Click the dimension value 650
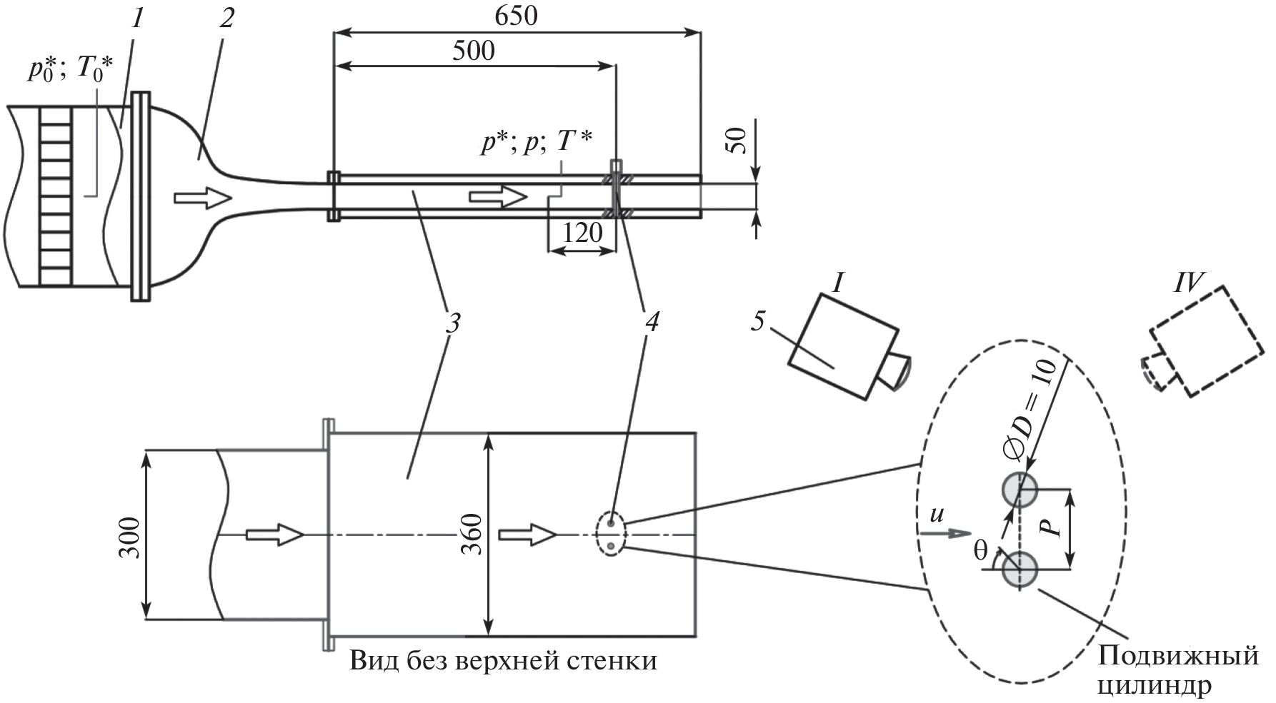pyautogui.click(x=517, y=16)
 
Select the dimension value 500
pyautogui.click(x=474, y=51)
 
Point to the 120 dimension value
pyautogui.click(x=582, y=233)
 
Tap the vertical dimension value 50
pyautogui.click(x=736, y=141)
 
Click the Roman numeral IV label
pyautogui.click(x=1188, y=284)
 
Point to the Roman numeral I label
pyautogui.click(x=839, y=284)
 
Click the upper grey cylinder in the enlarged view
pyautogui.click(x=1020, y=490)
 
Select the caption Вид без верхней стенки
pyautogui.click(x=503, y=661)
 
